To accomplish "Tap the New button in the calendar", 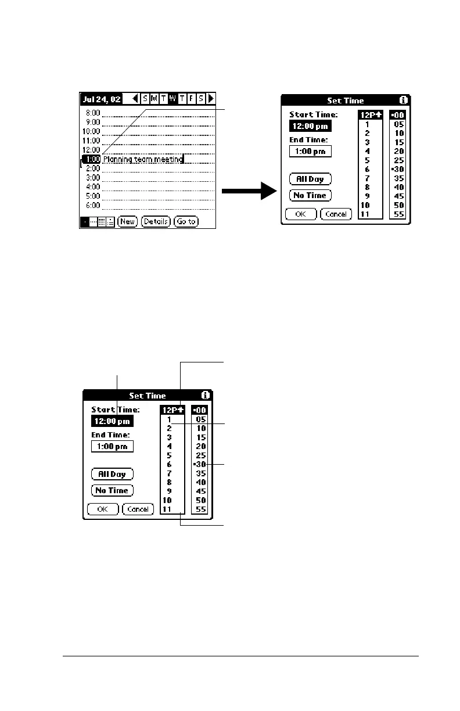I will click(127, 221).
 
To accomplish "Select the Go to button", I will click(186, 221).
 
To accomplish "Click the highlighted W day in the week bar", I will click(172, 99).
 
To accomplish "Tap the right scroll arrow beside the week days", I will click(211, 99).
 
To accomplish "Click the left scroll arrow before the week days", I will click(135, 99).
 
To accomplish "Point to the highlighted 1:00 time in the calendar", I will click(92, 159).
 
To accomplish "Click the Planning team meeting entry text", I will click(143, 159).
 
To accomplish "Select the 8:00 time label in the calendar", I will click(93, 113).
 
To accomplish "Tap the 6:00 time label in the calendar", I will click(93, 206).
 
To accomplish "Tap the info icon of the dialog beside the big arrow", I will click(404, 100).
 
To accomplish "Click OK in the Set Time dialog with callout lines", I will click(103, 509).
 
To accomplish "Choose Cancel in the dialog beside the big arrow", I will click(336, 214).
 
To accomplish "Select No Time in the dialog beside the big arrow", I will click(310, 195).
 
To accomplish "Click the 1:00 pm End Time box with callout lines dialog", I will click(112, 446).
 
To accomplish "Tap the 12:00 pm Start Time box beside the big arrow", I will click(310, 126).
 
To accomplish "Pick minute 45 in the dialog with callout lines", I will click(201, 491).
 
